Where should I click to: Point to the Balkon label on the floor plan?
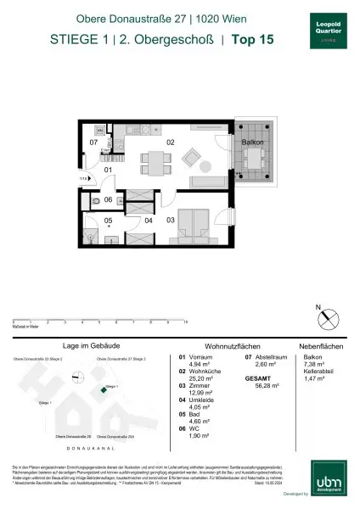[252, 143]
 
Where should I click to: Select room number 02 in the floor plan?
[170, 143]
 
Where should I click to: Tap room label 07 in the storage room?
[93, 143]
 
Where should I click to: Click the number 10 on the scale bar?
[184, 323]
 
